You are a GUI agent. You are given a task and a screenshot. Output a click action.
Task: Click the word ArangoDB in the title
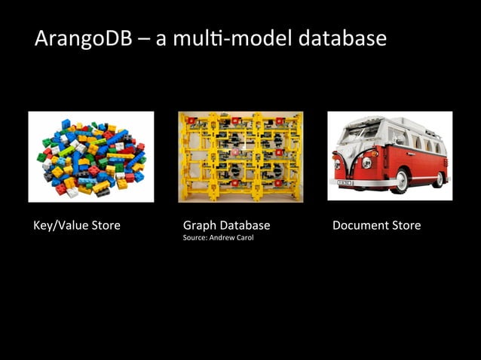click(82, 38)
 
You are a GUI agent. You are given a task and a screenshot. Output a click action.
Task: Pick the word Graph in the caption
click(199, 226)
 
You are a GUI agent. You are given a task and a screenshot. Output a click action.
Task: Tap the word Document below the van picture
click(360, 225)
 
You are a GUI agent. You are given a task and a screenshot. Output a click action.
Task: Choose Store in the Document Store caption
click(406, 225)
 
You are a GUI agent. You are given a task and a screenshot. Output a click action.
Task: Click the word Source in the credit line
click(193, 239)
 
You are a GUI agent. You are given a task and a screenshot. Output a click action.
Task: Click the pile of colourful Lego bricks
click(91, 156)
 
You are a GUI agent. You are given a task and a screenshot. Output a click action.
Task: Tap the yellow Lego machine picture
click(240, 157)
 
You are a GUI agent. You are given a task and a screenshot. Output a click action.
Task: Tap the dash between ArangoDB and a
click(142, 39)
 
